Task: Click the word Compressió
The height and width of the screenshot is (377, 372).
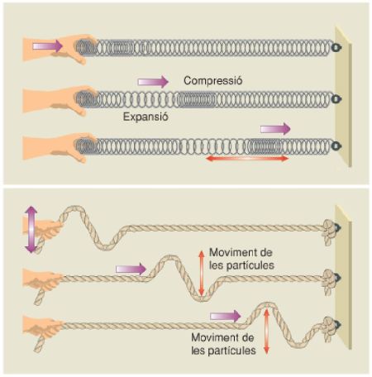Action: pos(213,81)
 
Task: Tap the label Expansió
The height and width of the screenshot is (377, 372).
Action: pos(145,117)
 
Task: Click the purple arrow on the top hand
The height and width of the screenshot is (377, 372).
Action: pos(47,45)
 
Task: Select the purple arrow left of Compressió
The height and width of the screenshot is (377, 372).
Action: pos(153,82)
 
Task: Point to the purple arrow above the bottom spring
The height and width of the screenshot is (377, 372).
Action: pos(275,129)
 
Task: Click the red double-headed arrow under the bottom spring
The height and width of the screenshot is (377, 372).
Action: pos(247,159)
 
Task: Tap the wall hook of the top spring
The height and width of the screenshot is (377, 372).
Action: pos(336,48)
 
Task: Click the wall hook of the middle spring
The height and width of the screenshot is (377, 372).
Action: pos(336,98)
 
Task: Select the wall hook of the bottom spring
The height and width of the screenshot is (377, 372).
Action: pos(336,146)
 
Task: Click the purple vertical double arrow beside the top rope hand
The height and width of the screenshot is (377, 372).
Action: pos(31,229)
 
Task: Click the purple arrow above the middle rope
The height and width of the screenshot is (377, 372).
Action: pos(131,269)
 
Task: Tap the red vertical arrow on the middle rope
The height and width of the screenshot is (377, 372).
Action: pos(202,273)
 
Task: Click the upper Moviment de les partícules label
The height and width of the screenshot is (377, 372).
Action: pos(241,259)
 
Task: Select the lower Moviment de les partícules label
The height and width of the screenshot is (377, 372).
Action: pos(223,344)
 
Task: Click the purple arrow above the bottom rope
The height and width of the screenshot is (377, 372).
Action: pos(226,316)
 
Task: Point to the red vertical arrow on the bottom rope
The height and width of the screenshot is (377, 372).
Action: pos(266,332)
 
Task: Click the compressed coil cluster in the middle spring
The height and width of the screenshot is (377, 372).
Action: pos(196,100)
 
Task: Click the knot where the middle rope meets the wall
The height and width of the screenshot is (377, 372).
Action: pos(330,282)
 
